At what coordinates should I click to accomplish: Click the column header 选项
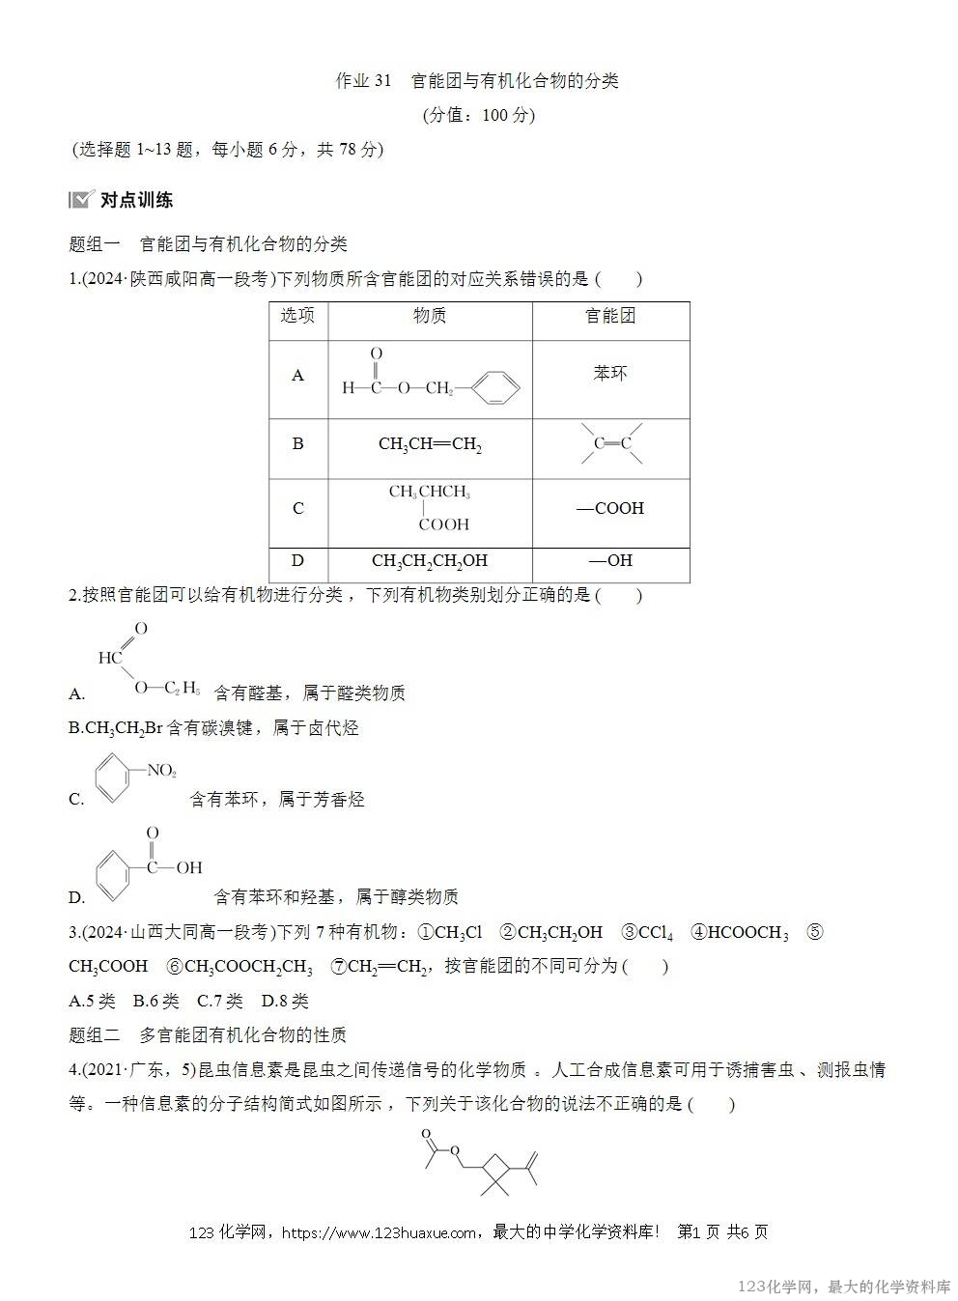297,317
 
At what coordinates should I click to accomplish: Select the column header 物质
430,317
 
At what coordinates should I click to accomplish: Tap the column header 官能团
610,317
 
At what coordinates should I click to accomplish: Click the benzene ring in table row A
496,388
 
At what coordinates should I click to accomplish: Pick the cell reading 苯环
610,374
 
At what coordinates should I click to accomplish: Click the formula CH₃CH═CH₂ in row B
430,444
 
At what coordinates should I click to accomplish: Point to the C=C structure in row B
611,443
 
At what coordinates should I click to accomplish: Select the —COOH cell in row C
610,508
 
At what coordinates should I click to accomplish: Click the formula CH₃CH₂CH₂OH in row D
430,561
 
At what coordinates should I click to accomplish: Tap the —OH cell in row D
610,561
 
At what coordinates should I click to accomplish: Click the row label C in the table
297,508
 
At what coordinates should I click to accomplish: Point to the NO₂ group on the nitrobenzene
161,771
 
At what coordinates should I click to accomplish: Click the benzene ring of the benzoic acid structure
118,869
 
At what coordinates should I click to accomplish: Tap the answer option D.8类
285,1002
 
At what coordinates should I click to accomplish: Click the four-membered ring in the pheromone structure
496,1170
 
